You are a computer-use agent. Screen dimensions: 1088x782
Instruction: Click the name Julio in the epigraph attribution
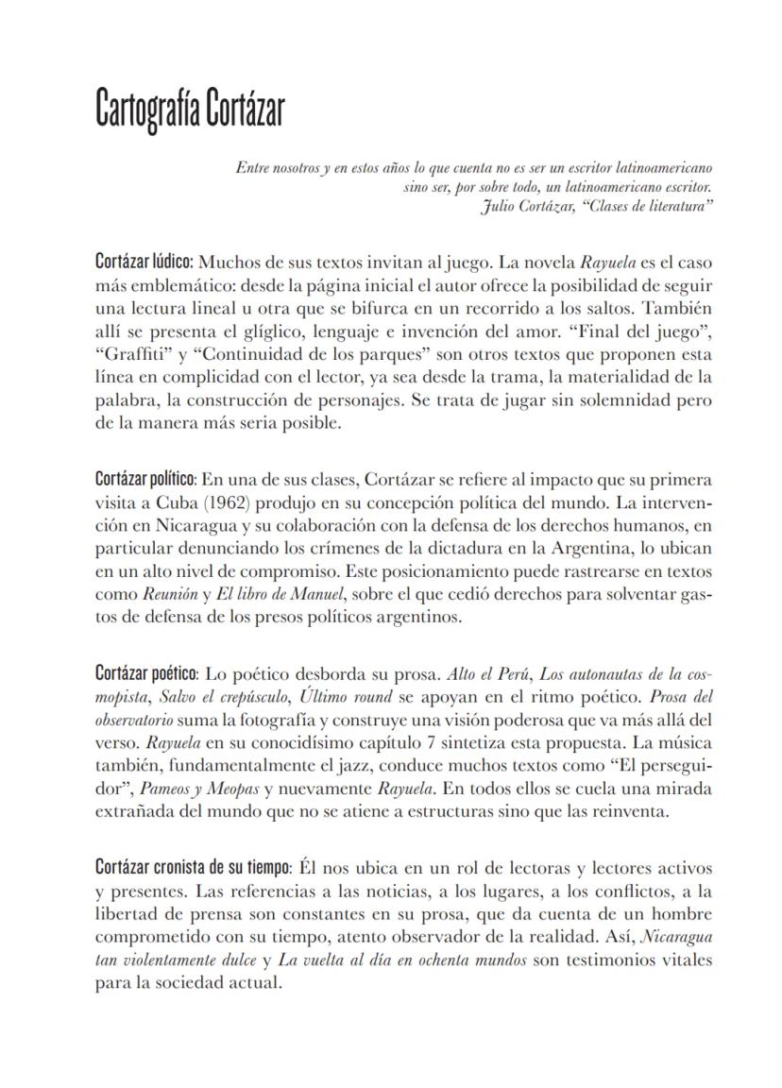tap(497, 207)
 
